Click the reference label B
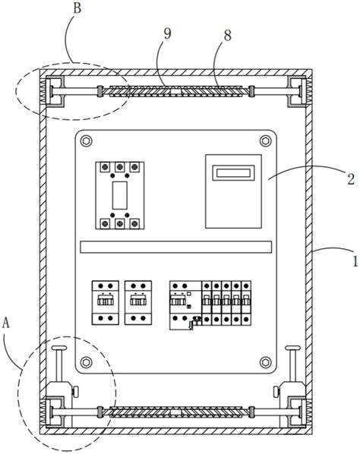pyautogui.click(x=77, y=8)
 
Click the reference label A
pyautogui.click(x=6, y=323)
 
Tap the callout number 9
pyautogui.click(x=167, y=34)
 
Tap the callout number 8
pyautogui.click(x=228, y=36)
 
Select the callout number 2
pyautogui.click(x=351, y=179)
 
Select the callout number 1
pyautogui.click(x=355, y=261)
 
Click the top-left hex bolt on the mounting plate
pyautogui.click(x=86, y=141)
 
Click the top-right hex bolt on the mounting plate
pyautogui.click(x=265, y=141)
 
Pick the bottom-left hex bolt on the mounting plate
pyautogui.click(x=86, y=362)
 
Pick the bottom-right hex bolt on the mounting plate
pyautogui.click(x=265, y=362)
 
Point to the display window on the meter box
pyautogui.click(x=233, y=173)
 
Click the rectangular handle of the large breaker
pyautogui.click(x=119, y=195)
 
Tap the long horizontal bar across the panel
pyautogui.click(x=175, y=247)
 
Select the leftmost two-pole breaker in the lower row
pyautogui.click(x=106, y=303)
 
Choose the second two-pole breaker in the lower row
pyautogui.click(x=138, y=303)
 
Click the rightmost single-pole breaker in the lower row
pyautogui.click(x=246, y=303)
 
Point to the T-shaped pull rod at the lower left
pyautogui.click(x=59, y=364)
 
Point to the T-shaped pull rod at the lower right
pyautogui.click(x=293, y=364)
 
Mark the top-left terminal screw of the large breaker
pyautogui.click(x=105, y=167)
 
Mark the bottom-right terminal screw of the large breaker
pyautogui.click(x=134, y=223)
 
